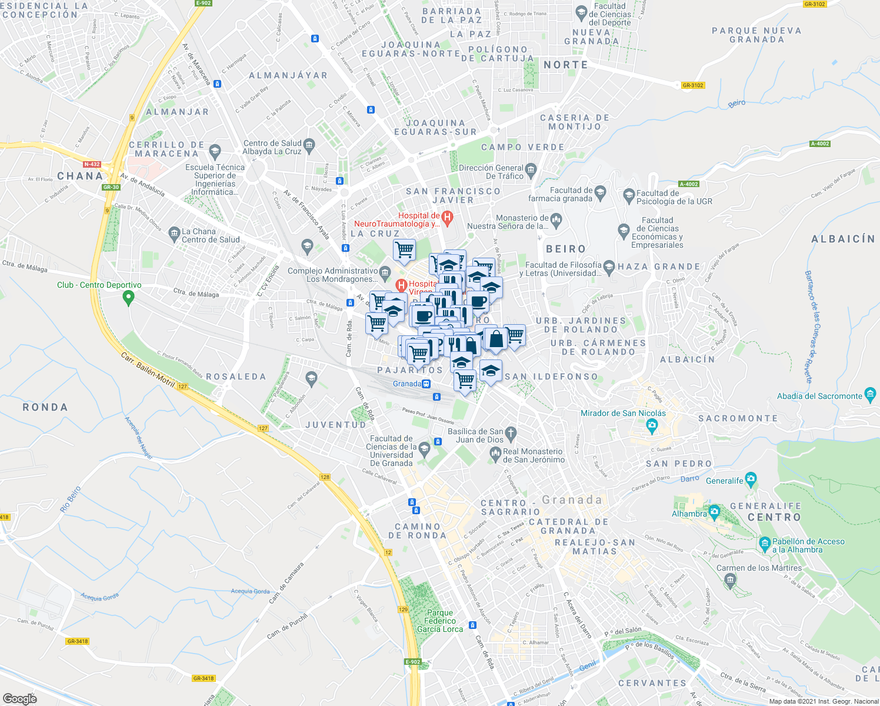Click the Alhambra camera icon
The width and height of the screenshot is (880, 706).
point(714,510)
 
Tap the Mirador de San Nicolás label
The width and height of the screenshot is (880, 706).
point(623,413)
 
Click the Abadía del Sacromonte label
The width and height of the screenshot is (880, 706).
point(819,396)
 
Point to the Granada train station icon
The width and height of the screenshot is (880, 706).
point(426,384)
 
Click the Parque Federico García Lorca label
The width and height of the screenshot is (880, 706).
point(440,621)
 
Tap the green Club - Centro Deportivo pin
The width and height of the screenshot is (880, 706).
point(128,298)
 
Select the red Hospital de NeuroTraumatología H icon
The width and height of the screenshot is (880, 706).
point(447,218)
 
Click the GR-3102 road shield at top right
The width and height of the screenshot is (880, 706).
point(815,4)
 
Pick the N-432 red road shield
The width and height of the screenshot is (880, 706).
point(92,164)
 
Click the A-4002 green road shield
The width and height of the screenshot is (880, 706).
point(819,144)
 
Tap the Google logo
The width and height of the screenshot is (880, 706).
point(19,699)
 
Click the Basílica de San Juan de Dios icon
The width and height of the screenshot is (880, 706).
point(511,434)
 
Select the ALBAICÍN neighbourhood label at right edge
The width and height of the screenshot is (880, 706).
point(842,238)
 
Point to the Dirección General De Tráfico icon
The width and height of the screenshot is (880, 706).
point(531,170)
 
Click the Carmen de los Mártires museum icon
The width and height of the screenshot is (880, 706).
point(731,581)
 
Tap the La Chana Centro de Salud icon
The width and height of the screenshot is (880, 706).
point(174,234)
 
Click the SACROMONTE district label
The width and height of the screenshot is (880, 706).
point(738,418)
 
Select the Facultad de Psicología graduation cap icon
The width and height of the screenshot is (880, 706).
point(628,194)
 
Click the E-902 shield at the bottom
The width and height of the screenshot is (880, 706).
point(413,662)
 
